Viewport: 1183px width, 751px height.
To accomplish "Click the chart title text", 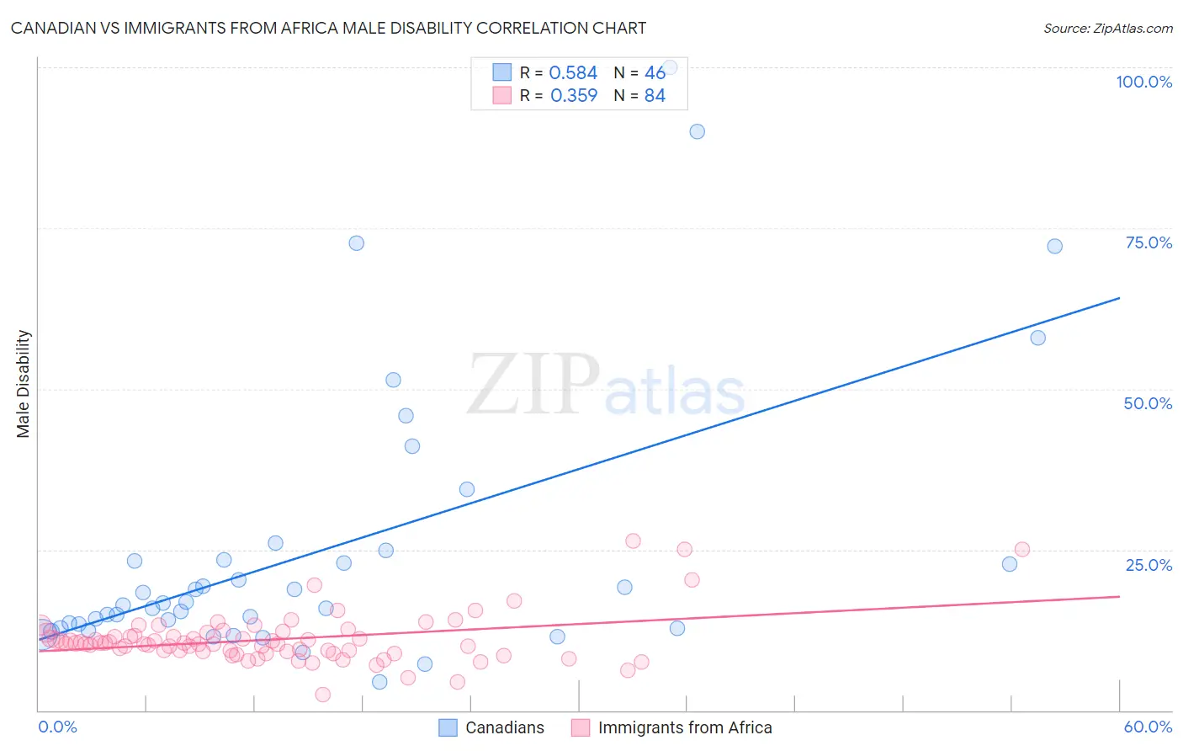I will pos(328,28).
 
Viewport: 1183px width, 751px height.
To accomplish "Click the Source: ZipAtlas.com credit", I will pos(1107,28).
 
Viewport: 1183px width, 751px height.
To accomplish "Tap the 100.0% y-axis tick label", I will pos(1143,82).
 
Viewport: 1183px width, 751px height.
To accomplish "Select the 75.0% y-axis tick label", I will pos(1149,242).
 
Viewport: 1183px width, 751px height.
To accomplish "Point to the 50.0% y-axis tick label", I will pos(1148,403).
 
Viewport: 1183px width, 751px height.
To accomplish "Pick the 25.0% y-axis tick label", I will pos(1149,565).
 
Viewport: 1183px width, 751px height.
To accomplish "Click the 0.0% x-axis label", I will pos(57,727).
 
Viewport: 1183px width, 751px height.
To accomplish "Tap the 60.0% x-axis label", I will pos(1148,727).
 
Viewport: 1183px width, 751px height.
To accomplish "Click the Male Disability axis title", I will pos(24,383).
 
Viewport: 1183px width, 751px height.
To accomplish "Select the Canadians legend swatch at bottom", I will pos(448,727).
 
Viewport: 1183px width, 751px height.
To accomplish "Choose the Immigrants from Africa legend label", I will pos(685,727).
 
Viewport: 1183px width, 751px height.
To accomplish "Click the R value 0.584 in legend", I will pos(573,73).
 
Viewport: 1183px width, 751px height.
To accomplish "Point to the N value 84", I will pos(655,96).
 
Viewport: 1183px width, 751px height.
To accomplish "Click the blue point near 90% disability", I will pos(697,131).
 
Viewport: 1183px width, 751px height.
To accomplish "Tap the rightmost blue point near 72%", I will pos(1054,247).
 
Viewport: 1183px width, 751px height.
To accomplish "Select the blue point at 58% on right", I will pos(1037,338).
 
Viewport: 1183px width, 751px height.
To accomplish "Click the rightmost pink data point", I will pos(1022,549).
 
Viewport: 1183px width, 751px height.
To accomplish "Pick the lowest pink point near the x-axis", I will pos(322,695).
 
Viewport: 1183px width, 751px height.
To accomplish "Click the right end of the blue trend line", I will pos(1119,298).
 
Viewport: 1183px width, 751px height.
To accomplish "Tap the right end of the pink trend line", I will pos(1119,596).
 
